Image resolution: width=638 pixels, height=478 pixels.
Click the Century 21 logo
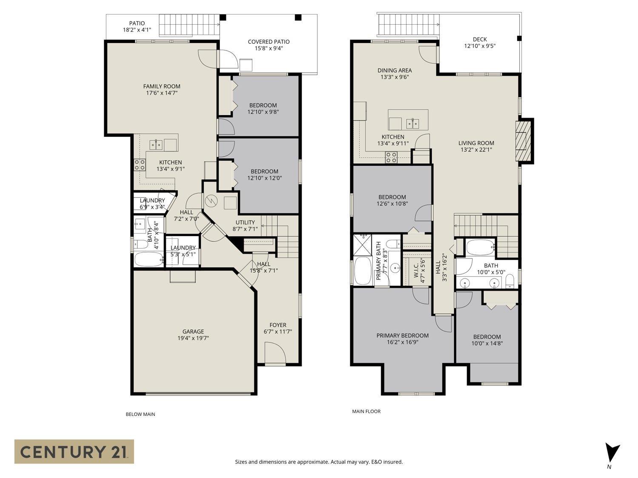(74, 451)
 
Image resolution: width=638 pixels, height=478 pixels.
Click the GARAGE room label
(193, 331)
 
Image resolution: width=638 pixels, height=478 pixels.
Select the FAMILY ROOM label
(162, 86)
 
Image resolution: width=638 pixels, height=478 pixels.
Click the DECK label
(479, 39)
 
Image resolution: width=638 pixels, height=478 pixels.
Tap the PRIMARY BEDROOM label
(402, 335)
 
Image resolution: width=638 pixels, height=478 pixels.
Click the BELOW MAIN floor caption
(140, 414)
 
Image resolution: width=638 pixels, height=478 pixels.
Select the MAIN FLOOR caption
(366, 411)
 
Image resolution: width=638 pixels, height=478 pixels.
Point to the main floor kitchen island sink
(412, 124)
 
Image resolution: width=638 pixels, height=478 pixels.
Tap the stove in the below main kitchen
(140, 164)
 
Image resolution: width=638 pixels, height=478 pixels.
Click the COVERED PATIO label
(268, 42)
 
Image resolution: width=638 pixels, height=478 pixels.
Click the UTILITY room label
(245, 222)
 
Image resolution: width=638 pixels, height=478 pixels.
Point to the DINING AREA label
(394, 71)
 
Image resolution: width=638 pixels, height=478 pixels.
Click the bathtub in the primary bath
(362, 271)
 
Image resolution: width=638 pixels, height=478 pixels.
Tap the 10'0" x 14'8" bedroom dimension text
(487, 343)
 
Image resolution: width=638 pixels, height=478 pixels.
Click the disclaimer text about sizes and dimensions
(319, 462)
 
